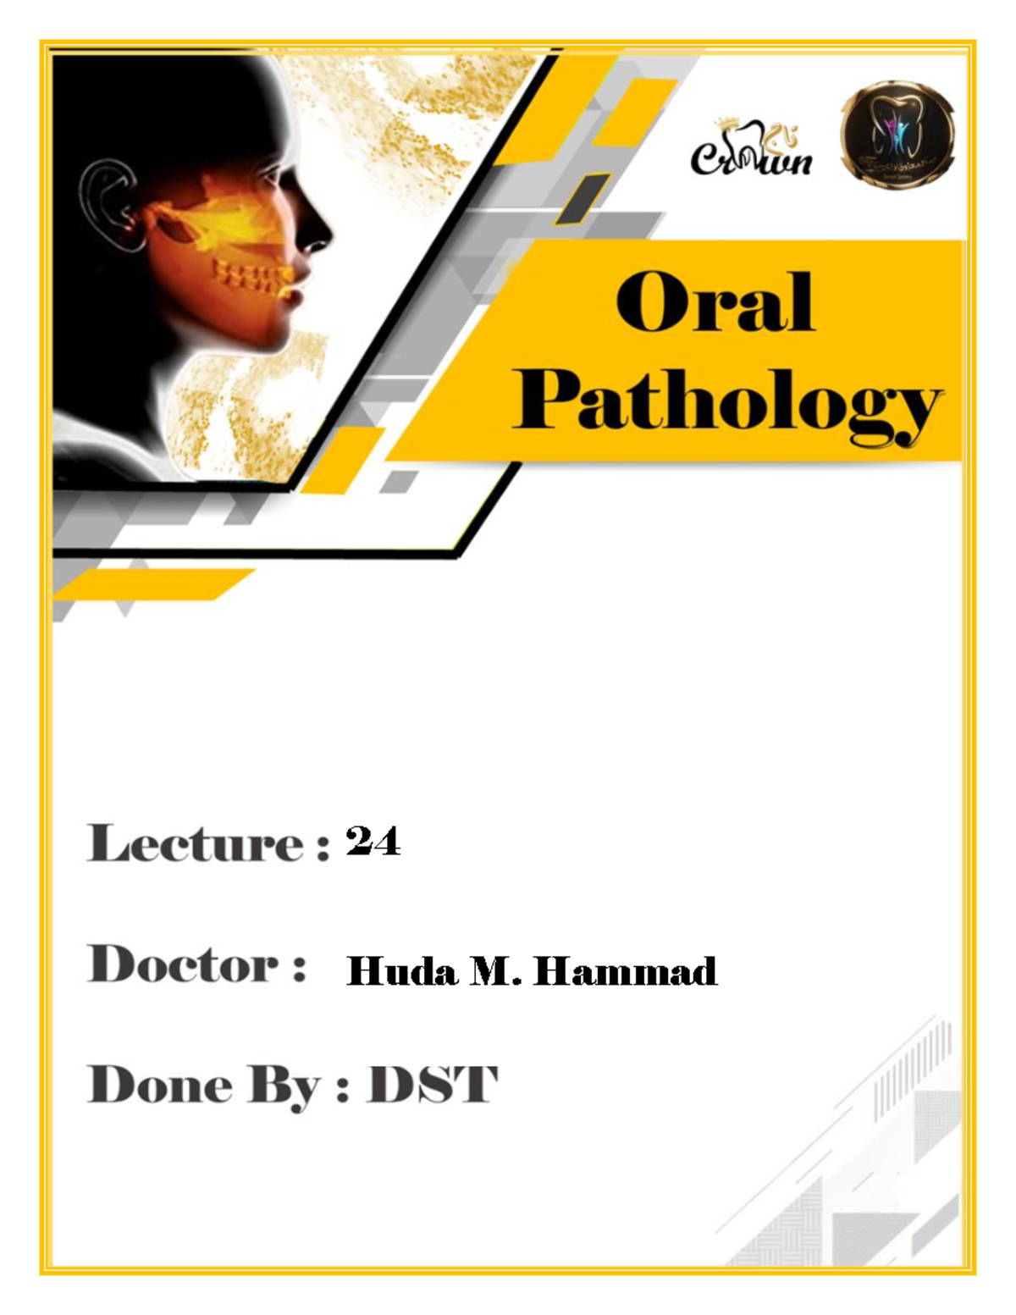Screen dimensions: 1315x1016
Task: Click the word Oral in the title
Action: [x=715, y=303]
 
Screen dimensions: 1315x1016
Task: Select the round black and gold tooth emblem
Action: [x=897, y=135]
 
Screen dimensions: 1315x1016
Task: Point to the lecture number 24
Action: [x=373, y=842]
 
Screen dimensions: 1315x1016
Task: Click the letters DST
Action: [x=432, y=1085]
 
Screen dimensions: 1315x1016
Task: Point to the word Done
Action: [x=159, y=1085]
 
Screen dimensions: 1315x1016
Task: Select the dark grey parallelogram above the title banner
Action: [x=583, y=198]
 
